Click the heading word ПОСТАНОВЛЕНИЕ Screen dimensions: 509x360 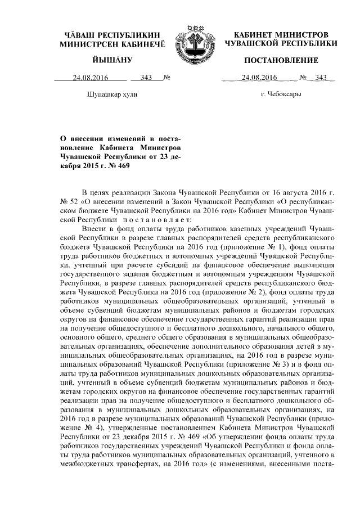(x=281, y=60)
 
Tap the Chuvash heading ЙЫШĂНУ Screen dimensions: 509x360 (x=112, y=60)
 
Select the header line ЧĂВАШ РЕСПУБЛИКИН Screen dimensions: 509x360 (x=112, y=35)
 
